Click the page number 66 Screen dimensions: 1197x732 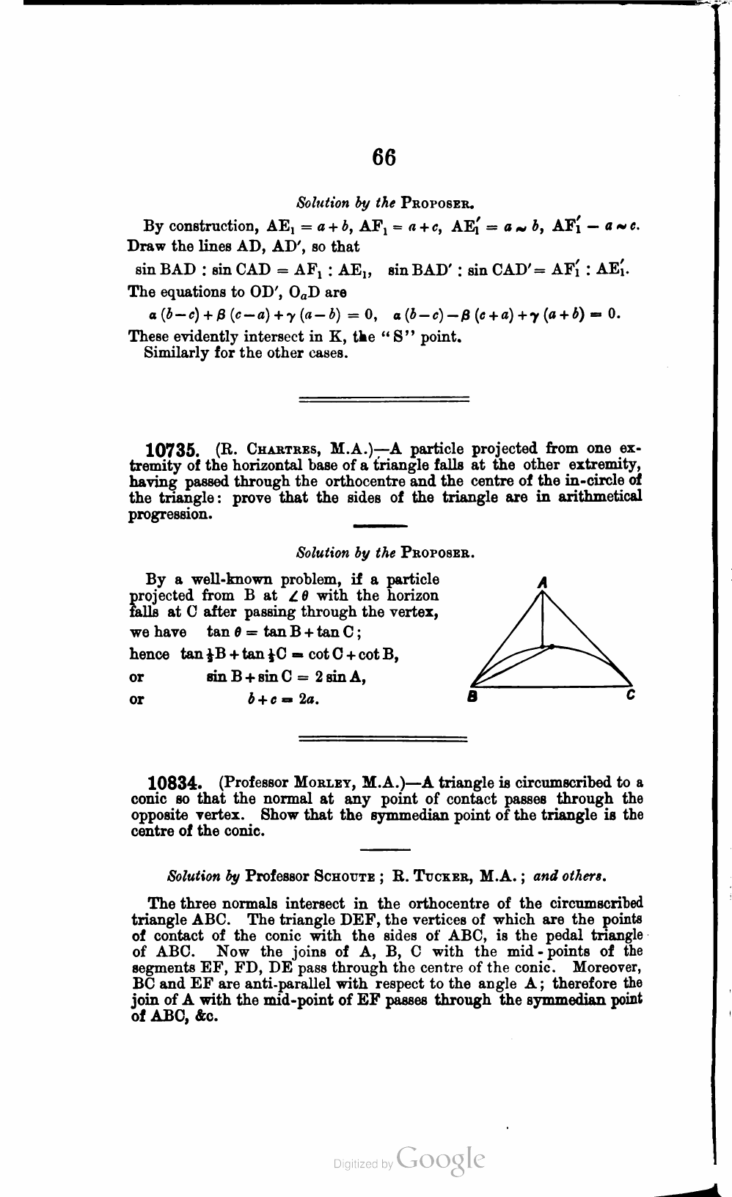click(x=384, y=158)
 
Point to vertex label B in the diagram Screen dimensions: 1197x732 click(x=473, y=698)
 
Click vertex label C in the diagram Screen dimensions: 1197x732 click(x=630, y=695)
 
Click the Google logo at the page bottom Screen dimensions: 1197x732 click(x=440, y=1159)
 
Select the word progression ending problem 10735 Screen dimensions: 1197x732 click(x=171, y=514)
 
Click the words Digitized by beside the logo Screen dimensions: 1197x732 click(x=364, y=1163)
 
